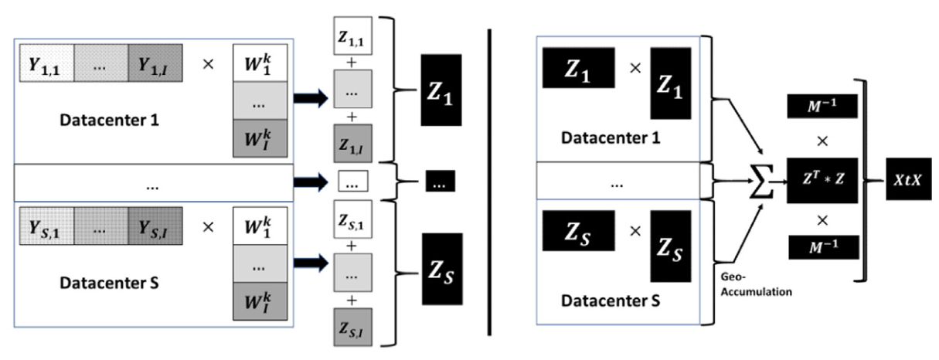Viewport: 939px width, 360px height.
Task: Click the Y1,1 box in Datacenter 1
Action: [47, 63]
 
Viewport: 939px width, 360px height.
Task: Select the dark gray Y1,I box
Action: [155, 63]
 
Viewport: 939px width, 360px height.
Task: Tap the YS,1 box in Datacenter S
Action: [47, 226]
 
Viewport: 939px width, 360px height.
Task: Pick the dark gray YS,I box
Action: [155, 226]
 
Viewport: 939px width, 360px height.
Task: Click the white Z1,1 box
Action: [352, 36]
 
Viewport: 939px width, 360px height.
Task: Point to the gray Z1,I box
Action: [352, 144]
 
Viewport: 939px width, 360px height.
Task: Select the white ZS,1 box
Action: [352, 219]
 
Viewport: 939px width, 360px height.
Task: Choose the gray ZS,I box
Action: [352, 328]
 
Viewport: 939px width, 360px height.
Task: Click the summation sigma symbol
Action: [760, 182]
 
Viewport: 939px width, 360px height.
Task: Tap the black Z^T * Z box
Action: [822, 181]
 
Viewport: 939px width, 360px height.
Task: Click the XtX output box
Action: [908, 179]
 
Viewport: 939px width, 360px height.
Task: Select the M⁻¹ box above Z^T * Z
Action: [822, 106]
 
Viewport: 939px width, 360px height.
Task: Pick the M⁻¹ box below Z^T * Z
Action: [824, 247]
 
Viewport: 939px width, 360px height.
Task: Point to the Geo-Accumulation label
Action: [757, 284]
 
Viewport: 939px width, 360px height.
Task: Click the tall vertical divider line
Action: [489, 182]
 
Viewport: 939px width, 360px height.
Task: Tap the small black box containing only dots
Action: [441, 181]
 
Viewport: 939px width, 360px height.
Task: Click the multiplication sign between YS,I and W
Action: [208, 227]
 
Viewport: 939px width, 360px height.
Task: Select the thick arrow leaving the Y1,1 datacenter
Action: [311, 98]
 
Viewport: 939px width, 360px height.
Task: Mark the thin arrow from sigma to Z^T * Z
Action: [780, 182]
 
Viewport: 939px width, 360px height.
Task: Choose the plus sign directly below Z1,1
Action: [352, 63]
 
